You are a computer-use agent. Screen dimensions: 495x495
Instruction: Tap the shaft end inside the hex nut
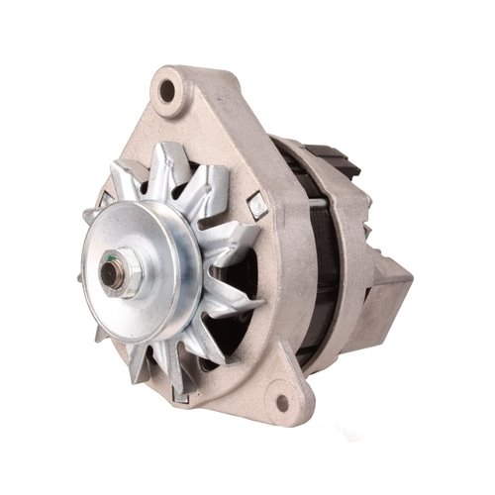pos(118,267)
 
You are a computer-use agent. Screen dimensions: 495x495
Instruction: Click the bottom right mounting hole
pos(282,403)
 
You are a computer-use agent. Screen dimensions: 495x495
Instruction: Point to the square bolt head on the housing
pos(257,206)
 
